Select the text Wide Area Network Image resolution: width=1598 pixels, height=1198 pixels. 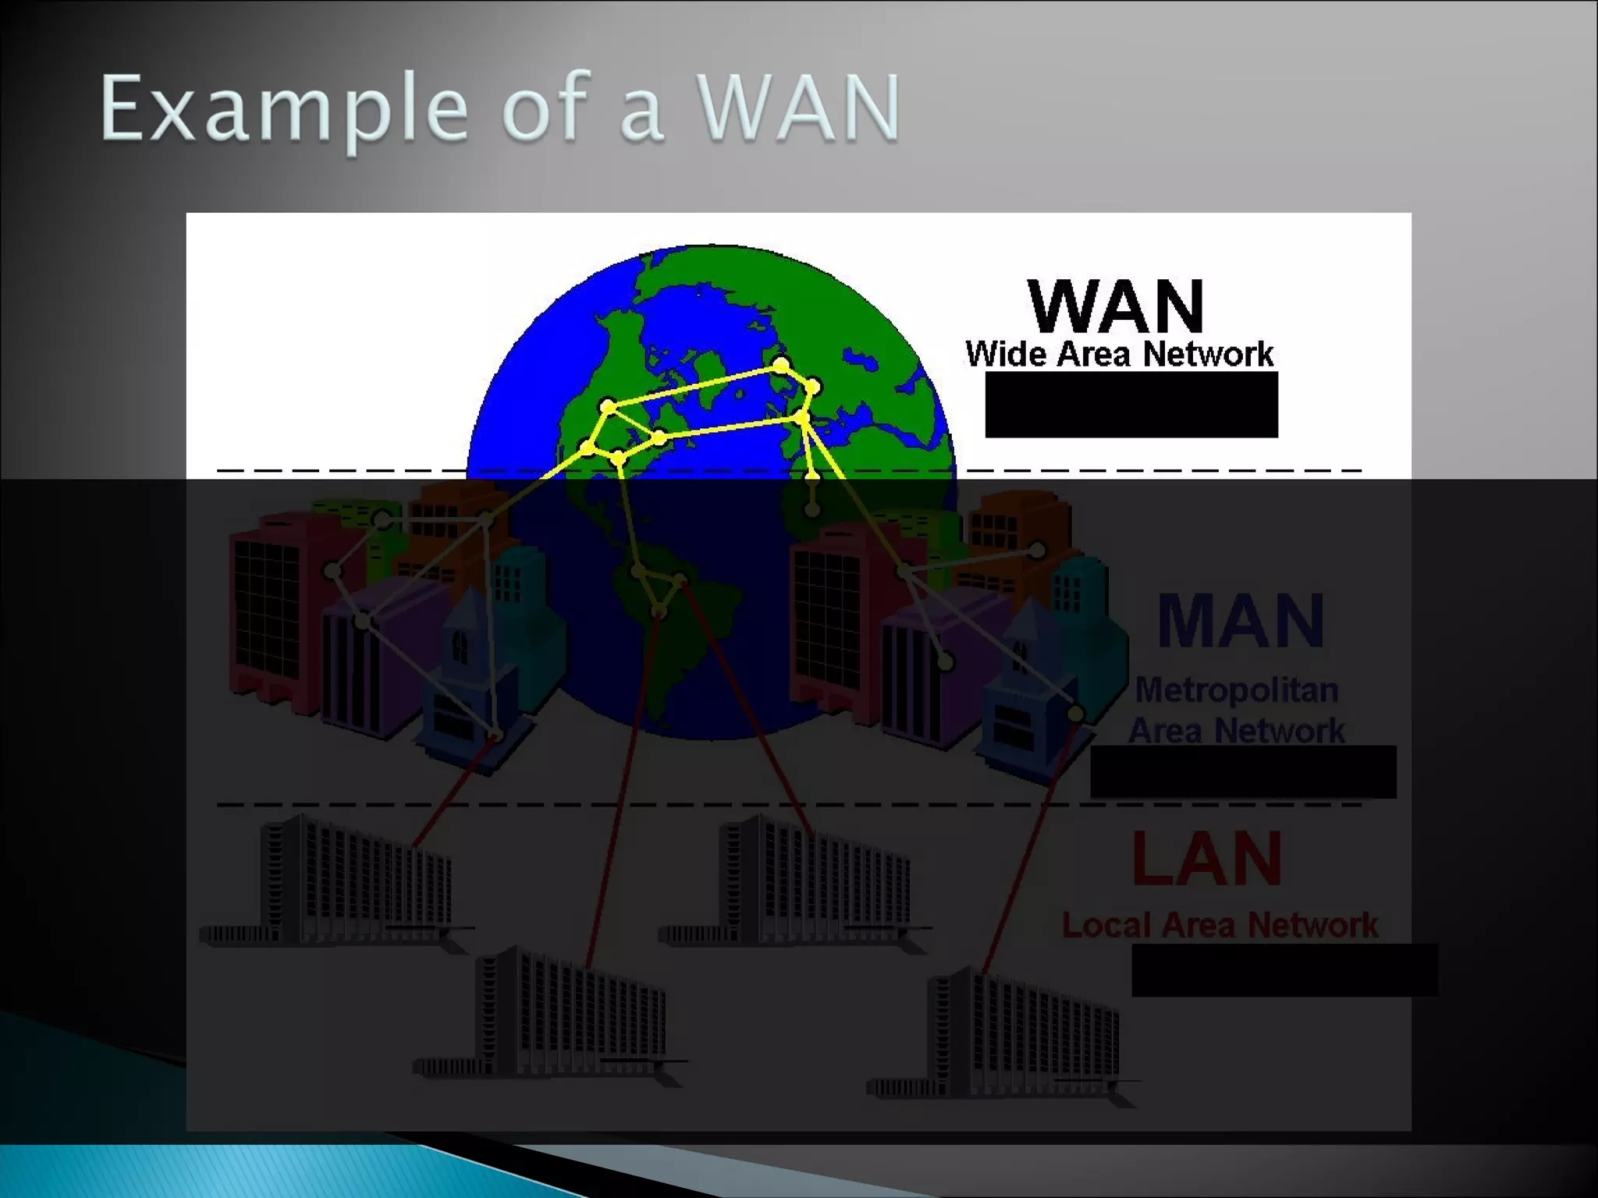click(x=1119, y=355)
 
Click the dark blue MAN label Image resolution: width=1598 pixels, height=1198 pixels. click(x=1240, y=621)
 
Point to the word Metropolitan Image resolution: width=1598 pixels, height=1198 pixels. click(x=1236, y=690)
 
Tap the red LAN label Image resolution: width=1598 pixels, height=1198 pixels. click(x=1206, y=859)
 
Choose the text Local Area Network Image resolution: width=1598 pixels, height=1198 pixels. click(x=1220, y=926)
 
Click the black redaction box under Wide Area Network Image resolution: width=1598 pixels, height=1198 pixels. click(x=1131, y=405)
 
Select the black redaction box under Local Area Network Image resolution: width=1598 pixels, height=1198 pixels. click(x=1284, y=969)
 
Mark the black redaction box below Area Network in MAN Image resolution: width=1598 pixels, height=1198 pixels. click(x=1242, y=771)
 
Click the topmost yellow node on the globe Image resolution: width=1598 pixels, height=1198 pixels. click(x=781, y=364)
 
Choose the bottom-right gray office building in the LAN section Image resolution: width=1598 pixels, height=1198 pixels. click(x=1014, y=1033)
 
